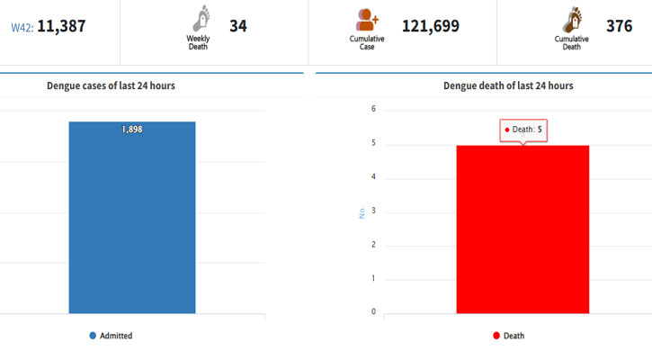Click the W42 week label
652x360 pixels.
pos(22,28)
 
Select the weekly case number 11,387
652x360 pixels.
pos(61,27)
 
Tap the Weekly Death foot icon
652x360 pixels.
pos(201,18)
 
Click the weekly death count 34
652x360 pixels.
pos(238,26)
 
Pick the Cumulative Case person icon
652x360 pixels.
pos(367,20)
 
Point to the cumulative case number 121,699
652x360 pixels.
pos(431,26)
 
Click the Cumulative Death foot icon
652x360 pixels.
pos(572,20)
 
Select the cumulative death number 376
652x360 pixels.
pos(619,26)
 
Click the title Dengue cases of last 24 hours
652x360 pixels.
pos(111,85)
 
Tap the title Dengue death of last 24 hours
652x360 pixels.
pos(508,85)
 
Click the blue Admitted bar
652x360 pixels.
pos(132,217)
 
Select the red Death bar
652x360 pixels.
pos(522,229)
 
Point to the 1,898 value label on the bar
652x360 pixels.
pos(132,130)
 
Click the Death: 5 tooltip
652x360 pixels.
pos(523,130)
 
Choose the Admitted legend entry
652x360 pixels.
pos(111,336)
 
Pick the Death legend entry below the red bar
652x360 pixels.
pos(508,336)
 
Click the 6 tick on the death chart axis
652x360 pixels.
pos(373,109)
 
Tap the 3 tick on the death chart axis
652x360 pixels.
pos(373,211)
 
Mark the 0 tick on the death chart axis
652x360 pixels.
pos(373,311)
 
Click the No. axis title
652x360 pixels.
pos(362,212)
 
